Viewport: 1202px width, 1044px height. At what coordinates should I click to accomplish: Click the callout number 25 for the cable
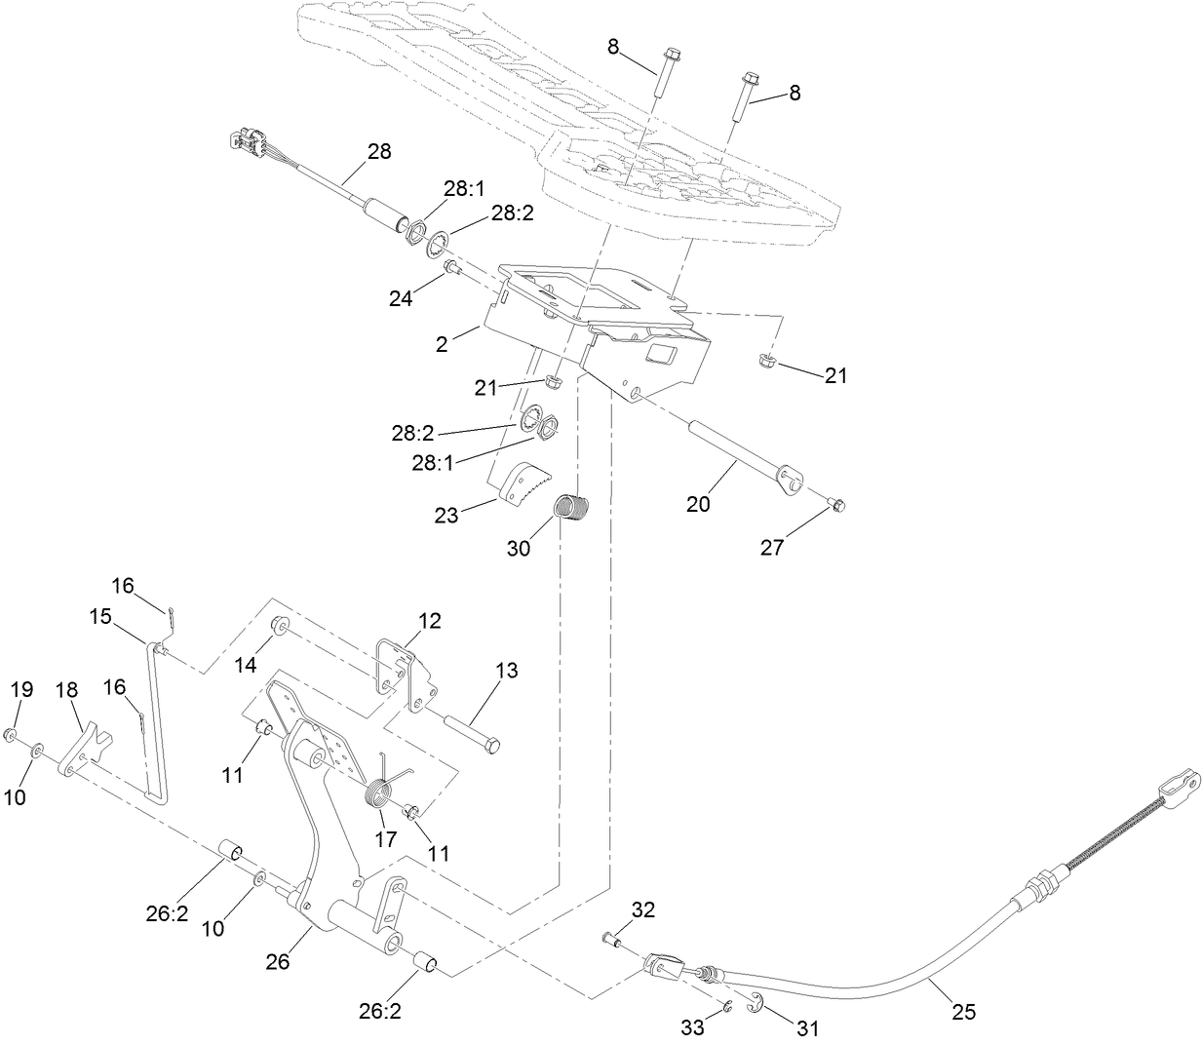click(x=963, y=1012)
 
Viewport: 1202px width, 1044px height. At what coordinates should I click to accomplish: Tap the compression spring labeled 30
click(x=573, y=510)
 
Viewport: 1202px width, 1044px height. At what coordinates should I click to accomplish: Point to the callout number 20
click(x=698, y=504)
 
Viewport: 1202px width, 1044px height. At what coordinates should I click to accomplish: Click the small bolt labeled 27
click(x=837, y=504)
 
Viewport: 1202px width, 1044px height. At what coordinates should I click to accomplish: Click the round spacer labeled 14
click(x=277, y=626)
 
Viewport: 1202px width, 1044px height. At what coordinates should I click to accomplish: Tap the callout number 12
click(x=430, y=620)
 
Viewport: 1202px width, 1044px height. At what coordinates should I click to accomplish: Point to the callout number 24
click(x=401, y=298)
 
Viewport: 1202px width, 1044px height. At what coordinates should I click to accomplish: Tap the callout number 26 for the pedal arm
click(x=278, y=962)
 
